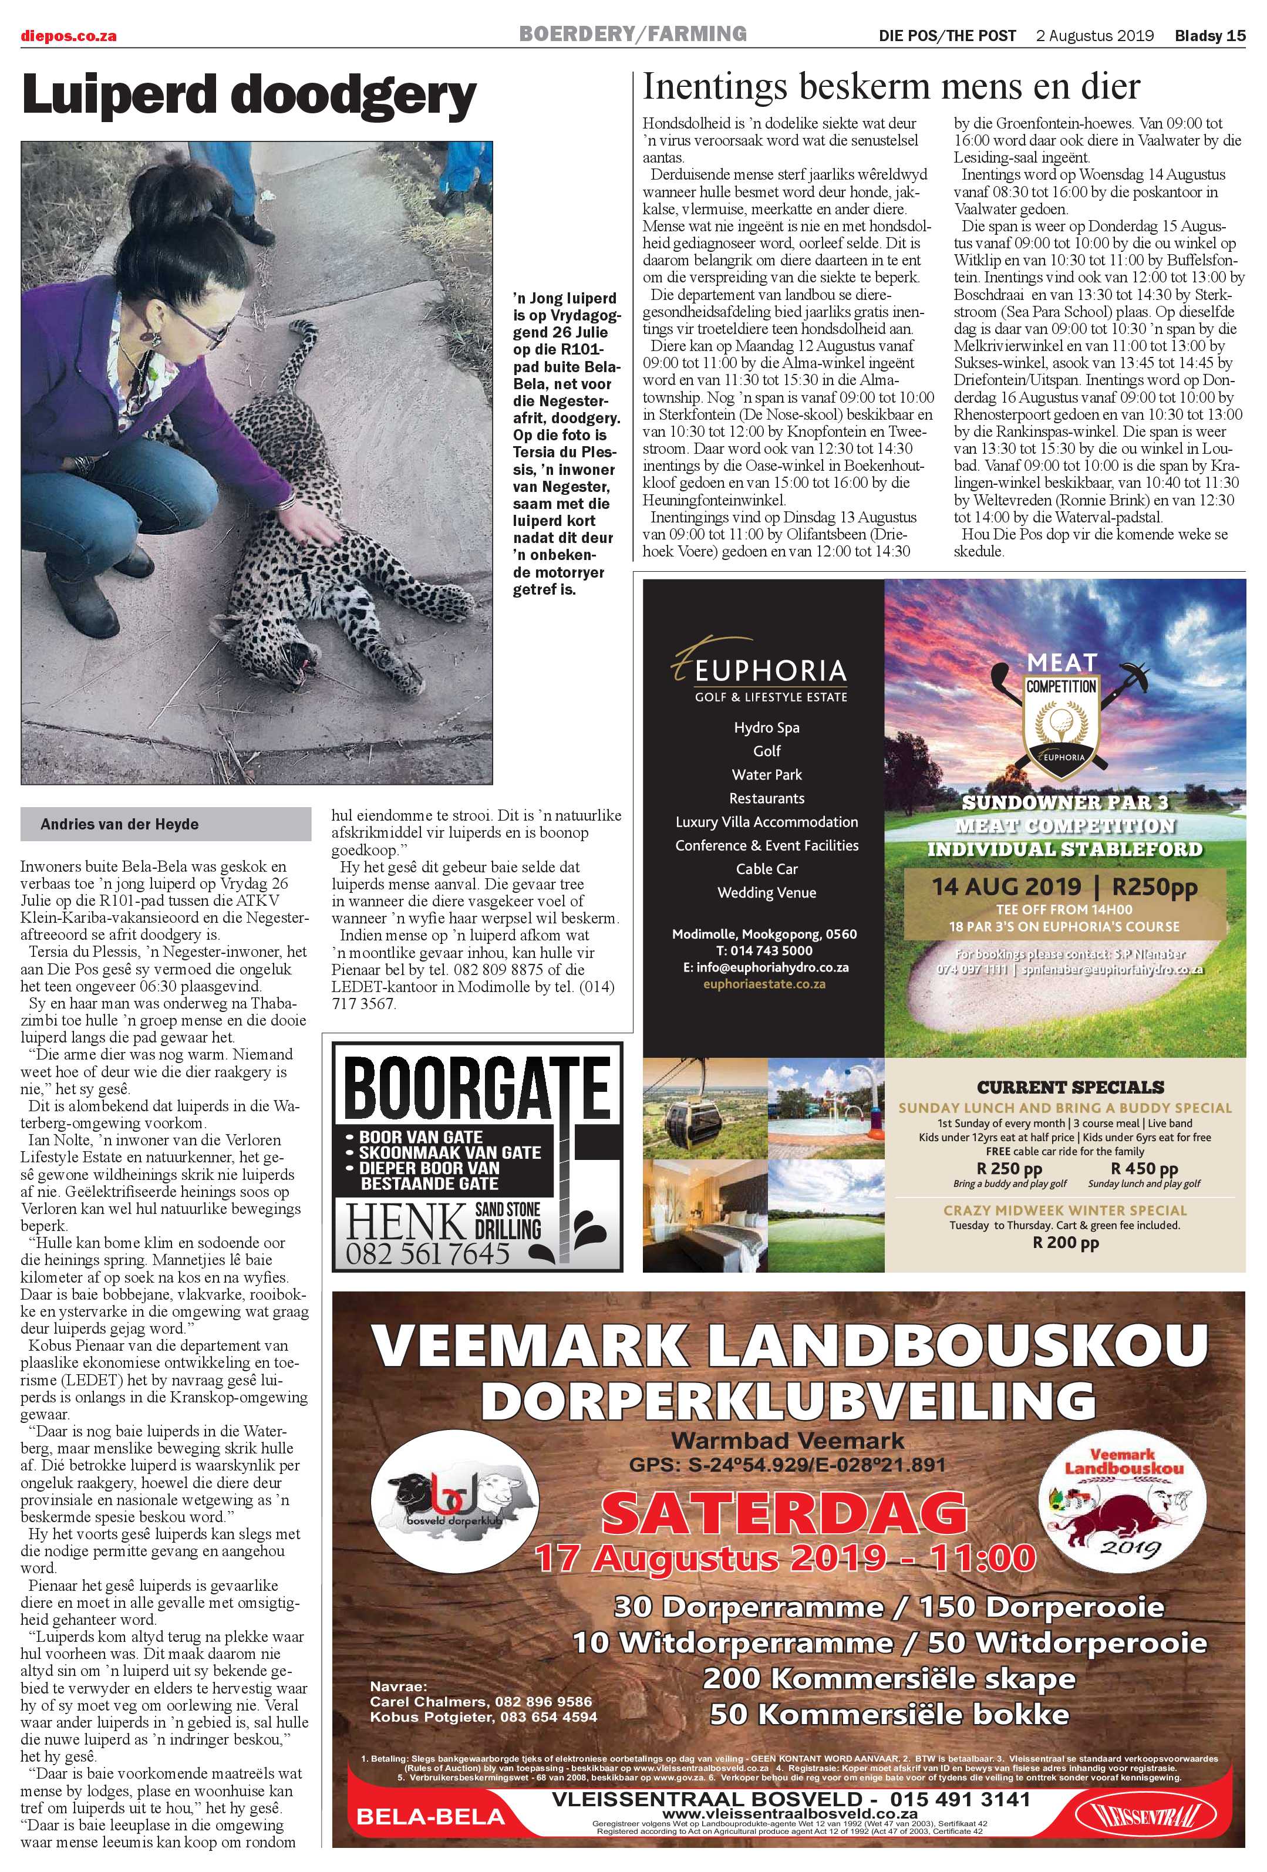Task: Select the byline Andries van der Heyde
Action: [x=119, y=824]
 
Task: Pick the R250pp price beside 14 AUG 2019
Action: [x=1154, y=888]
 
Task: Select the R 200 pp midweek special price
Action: [x=1065, y=1243]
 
